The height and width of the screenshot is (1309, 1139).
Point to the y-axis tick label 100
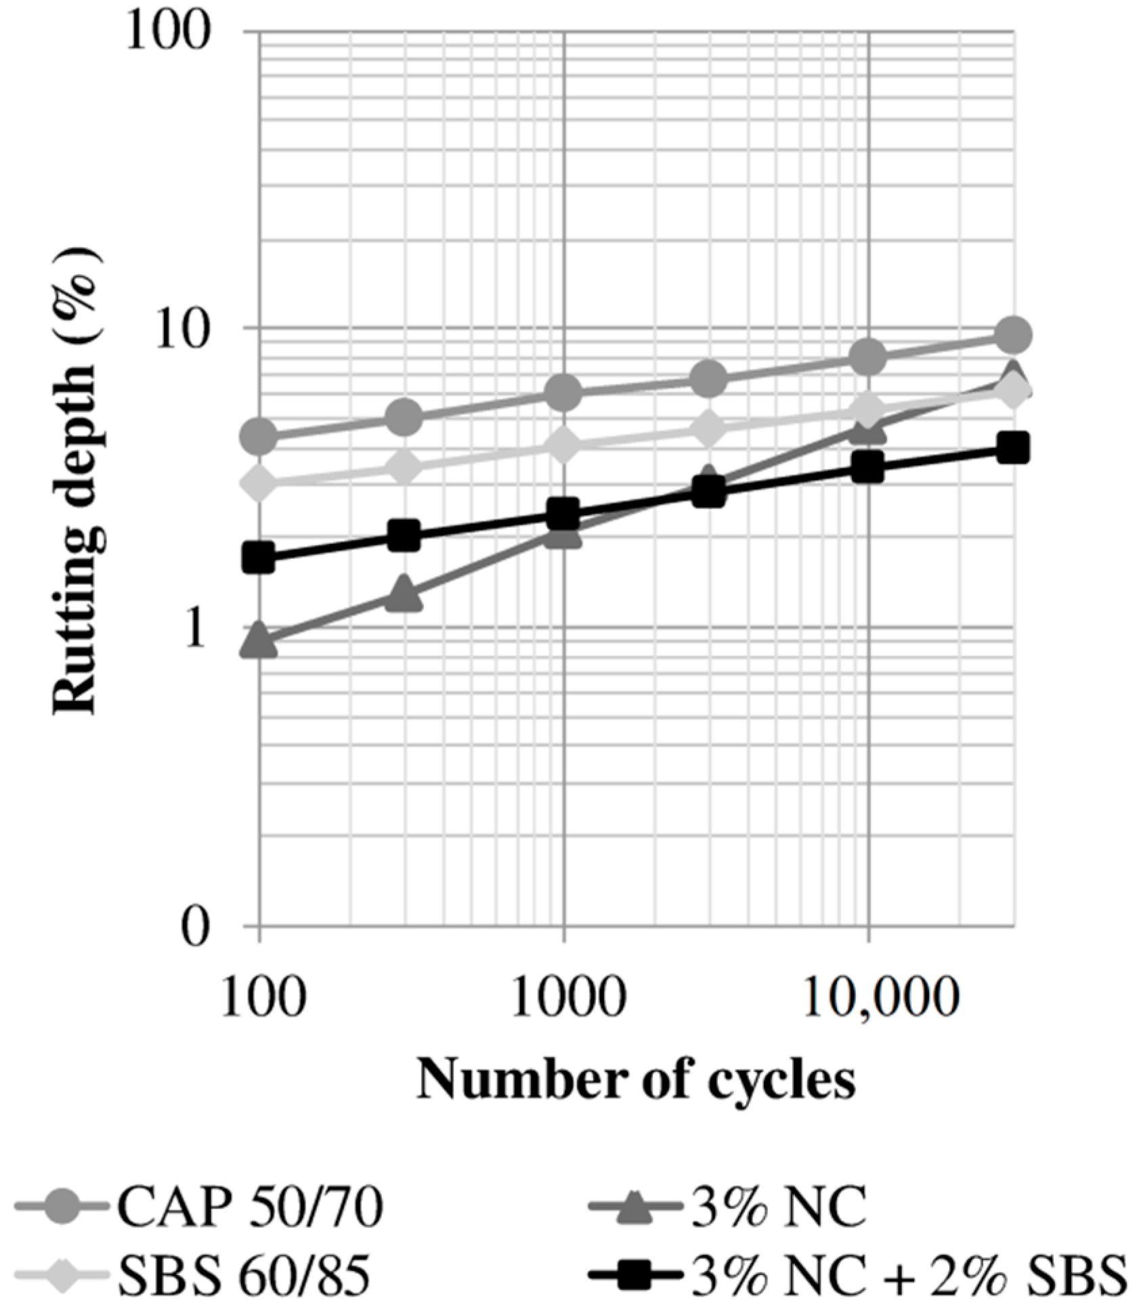[x=165, y=32]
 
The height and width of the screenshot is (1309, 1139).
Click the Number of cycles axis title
[x=635, y=1079]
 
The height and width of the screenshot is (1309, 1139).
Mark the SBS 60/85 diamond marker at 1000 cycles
[x=564, y=445]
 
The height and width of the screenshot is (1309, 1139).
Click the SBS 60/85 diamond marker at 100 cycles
[x=261, y=483]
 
